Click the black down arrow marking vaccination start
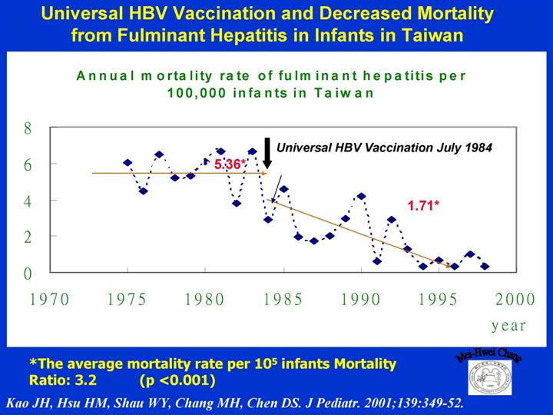pyautogui.click(x=267, y=152)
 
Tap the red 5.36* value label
pyautogui.click(x=230, y=164)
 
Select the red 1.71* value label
pyautogui.click(x=422, y=206)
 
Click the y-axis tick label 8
pyautogui.click(x=28, y=129)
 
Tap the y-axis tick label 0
pyautogui.click(x=28, y=274)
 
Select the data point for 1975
pyautogui.click(x=127, y=163)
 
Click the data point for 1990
pyautogui.click(x=361, y=196)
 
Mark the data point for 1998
pyautogui.click(x=485, y=267)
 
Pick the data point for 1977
pyautogui.click(x=159, y=154)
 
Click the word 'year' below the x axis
pyautogui.click(x=508, y=325)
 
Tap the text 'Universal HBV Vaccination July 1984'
pyautogui.click(x=384, y=147)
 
